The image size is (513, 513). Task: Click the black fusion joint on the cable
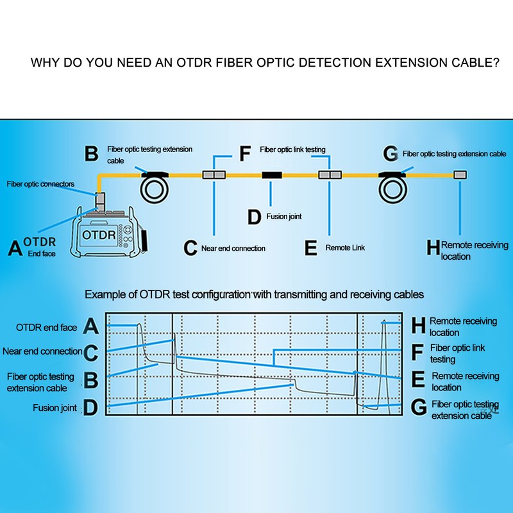tap(273, 174)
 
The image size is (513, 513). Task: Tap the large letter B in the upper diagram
tap(92, 155)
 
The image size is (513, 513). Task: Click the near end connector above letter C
tap(212, 174)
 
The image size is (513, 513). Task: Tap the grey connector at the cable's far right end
tap(460, 174)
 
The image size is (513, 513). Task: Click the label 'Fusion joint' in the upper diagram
tap(284, 217)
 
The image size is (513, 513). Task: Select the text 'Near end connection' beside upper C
tap(233, 248)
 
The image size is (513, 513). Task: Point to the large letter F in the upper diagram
tap(244, 154)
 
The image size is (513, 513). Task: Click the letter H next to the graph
tap(418, 326)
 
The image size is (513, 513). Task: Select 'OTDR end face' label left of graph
tap(46, 328)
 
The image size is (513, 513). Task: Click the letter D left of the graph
tap(92, 407)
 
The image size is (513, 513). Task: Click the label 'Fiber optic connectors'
tap(40, 184)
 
